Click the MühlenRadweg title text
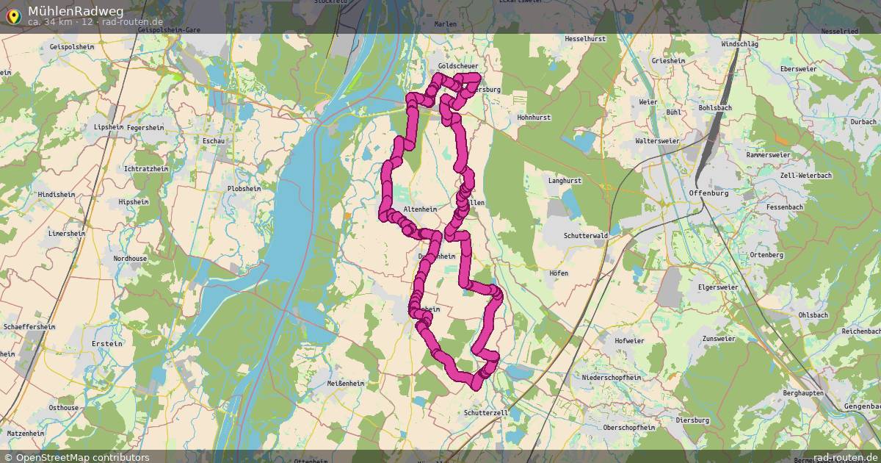click(x=76, y=11)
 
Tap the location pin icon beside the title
click(x=12, y=15)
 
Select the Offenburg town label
click(x=708, y=193)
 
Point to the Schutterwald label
click(x=586, y=235)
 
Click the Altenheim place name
click(x=420, y=209)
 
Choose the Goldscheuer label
click(x=457, y=66)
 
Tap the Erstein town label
click(x=106, y=343)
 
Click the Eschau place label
click(x=213, y=140)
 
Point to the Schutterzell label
click(x=486, y=413)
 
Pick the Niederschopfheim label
click(x=611, y=377)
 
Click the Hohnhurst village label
click(x=534, y=118)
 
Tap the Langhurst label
click(x=565, y=180)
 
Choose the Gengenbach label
click(x=861, y=406)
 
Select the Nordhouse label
click(x=130, y=259)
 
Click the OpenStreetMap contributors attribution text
click(x=82, y=457)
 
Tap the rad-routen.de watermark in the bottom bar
click(x=844, y=457)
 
